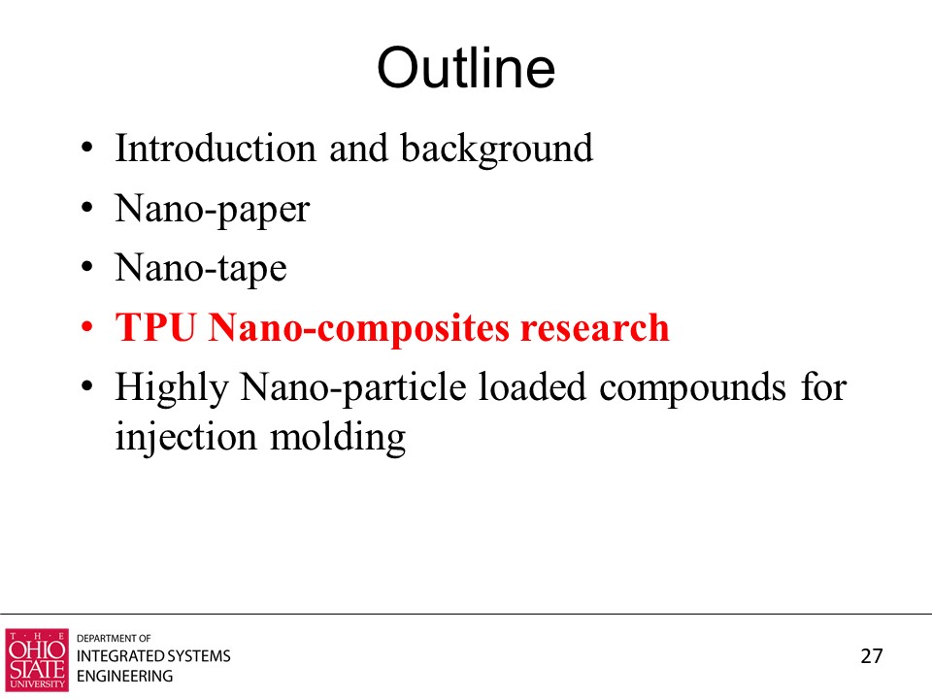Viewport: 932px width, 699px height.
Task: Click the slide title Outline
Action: tap(466, 68)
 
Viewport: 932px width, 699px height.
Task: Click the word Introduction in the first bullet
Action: tap(216, 148)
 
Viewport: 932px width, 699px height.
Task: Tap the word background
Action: tap(496, 149)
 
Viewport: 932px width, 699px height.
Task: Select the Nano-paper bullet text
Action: tap(213, 210)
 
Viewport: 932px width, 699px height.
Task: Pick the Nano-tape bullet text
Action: tap(201, 269)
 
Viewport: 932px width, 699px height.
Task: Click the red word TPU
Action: tap(155, 327)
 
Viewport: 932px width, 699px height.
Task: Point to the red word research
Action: tap(595, 328)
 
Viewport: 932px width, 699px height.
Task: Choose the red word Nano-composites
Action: tap(359, 328)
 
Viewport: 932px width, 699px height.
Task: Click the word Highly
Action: tap(172, 388)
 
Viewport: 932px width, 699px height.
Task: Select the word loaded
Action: tap(532, 387)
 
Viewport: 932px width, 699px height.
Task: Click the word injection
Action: tap(186, 438)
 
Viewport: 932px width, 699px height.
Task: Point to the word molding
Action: tap(338, 438)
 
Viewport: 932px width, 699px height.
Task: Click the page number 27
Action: tap(872, 655)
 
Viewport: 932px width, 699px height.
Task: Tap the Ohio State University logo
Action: tap(37, 660)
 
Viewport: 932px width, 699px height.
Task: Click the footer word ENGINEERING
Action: tap(125, 676)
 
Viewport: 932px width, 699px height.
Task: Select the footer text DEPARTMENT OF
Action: tap(114, 639)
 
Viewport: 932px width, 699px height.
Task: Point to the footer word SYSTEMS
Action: tap(198, 655)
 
